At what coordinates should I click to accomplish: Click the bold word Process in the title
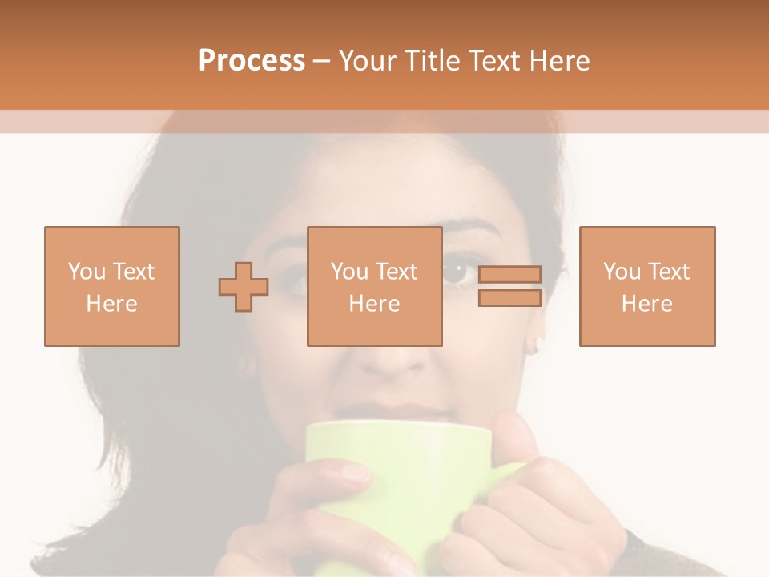(x=252, y=61)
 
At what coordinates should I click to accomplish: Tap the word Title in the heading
(x=433, y=61)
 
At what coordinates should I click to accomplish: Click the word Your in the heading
(x=368, y=61)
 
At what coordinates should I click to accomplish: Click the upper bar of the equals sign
(x=509, y=274)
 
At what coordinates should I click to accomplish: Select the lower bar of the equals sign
(x=509, y=298)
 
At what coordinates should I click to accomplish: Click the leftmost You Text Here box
(x=111, y=286)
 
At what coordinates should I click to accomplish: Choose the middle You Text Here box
(x=374, y=286)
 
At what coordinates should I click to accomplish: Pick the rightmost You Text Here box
(x=646, y=286)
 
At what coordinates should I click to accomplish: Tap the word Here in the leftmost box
(x=111, y=304)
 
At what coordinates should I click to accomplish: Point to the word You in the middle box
(x=349, y=272)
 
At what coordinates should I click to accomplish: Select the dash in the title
(x=322, y=61)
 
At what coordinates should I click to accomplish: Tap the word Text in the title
(x=491, y=61)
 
